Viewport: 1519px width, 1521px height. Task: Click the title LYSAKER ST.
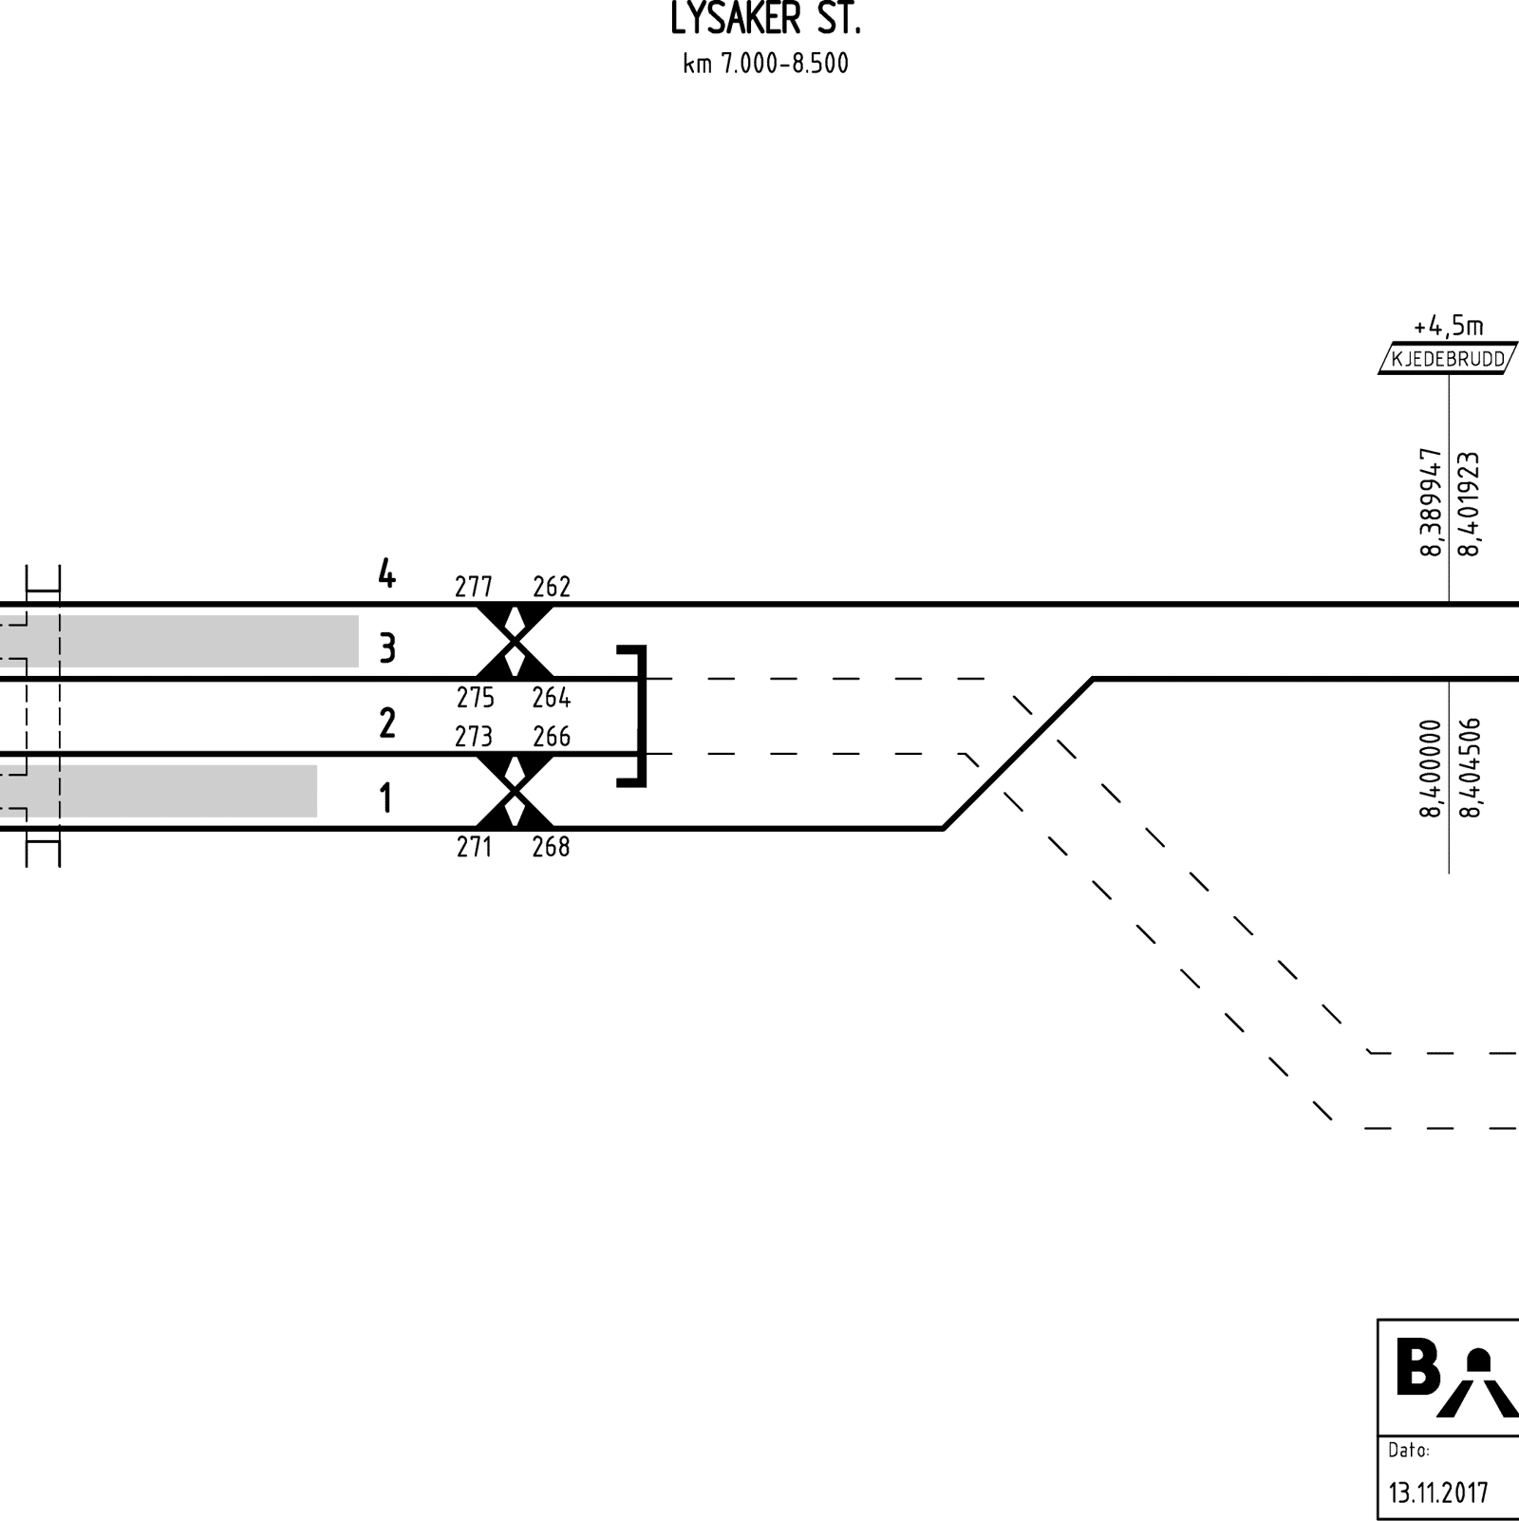tap(765, 19)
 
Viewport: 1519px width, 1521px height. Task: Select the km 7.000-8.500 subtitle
tap(765, 65)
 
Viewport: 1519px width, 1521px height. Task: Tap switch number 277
tap(474, 588)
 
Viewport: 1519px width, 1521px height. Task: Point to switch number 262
tap(552, 588)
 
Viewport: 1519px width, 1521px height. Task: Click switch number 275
tap(475, 698)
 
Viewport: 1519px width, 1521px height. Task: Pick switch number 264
tap(552, 698)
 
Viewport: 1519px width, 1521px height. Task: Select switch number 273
tap(474, 737)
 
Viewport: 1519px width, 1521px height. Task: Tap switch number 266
tap(552, 737)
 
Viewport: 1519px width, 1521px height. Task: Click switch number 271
tap(474, 847)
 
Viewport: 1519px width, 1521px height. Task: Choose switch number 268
tap(551, 847)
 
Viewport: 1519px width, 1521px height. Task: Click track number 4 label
tap(386, 573)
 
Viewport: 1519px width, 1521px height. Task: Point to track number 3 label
tap(386, 649)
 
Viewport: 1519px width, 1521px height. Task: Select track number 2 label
tap(386, 724)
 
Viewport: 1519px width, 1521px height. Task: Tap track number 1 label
tap(385, 799)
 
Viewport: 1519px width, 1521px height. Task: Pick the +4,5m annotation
tap(1448, 327)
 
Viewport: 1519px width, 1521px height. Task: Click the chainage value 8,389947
tap(1431, 502)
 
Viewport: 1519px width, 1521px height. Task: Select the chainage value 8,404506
tap(1470, 767)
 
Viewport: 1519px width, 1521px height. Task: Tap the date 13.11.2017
tap(1438, 1493)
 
